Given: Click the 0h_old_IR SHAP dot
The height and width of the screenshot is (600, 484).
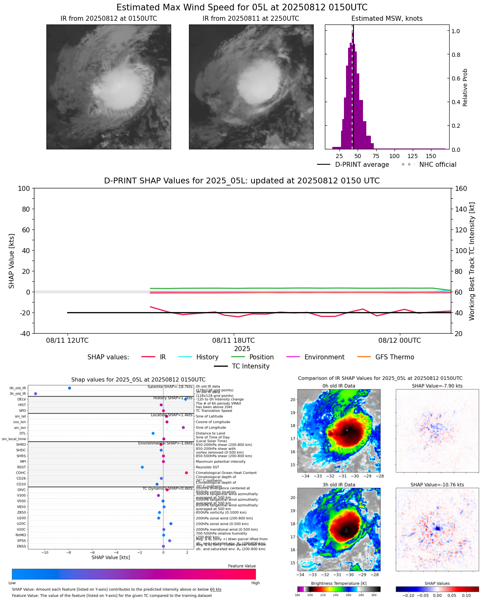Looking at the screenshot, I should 70,388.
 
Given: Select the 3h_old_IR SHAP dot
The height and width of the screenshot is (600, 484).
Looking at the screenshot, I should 36,393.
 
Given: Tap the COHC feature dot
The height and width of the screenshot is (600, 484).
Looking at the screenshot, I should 186,473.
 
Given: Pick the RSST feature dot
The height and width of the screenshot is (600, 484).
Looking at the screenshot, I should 142,467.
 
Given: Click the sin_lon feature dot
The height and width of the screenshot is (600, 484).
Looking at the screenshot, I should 183,427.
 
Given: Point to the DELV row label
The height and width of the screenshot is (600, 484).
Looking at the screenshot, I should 22,399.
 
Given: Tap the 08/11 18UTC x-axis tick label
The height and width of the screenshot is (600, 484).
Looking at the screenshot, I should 233,340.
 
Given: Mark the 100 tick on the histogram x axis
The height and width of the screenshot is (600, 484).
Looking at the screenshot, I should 394,156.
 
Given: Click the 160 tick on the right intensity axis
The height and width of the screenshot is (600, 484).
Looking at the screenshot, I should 461,188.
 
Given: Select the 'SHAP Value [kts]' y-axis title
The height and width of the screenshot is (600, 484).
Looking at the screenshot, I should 12,261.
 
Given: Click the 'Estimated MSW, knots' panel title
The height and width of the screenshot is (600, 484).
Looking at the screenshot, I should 387,18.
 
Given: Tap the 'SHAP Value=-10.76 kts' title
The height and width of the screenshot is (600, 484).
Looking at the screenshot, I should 437,485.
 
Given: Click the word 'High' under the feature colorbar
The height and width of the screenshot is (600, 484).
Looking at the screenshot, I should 255,583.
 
